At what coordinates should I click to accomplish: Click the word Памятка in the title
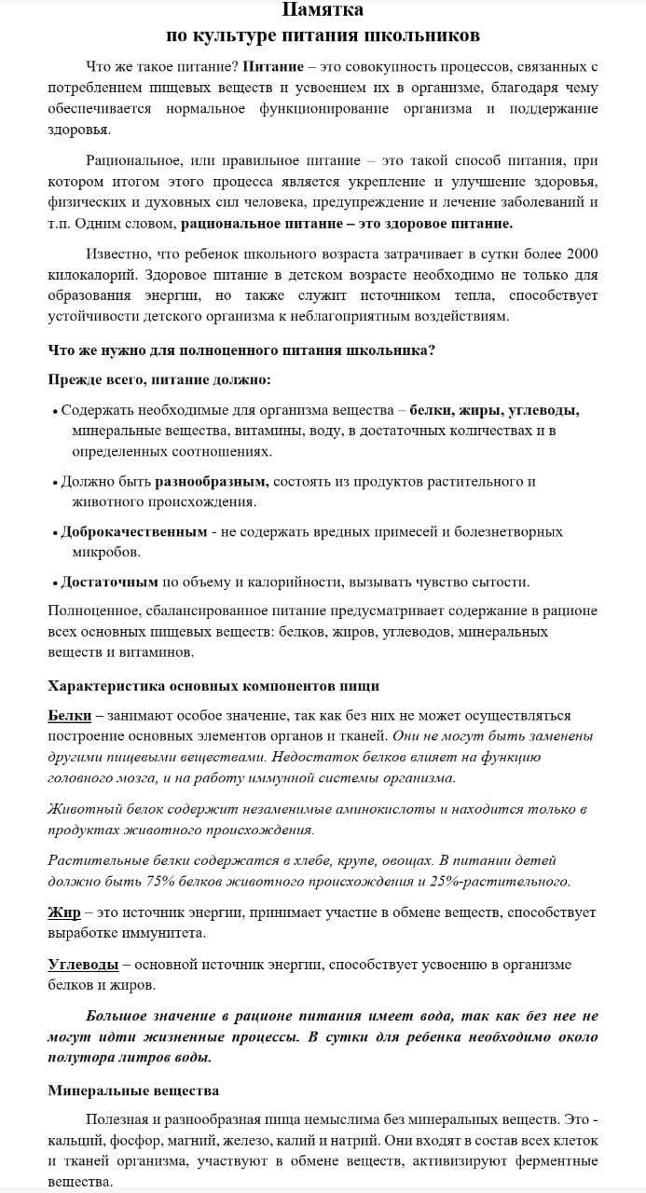point(323,11)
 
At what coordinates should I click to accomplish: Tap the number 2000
point(578,254)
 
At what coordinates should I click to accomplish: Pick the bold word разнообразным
point(212,482)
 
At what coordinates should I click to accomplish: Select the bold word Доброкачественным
point(133,531)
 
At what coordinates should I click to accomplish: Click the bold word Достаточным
point(109,582)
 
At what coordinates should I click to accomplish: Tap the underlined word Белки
point(69,715)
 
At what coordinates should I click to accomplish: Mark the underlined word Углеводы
point(83,964)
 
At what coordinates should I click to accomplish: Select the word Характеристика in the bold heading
point(107,685)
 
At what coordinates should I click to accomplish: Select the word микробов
point(105,552)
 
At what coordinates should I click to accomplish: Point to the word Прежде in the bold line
point(74,379)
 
